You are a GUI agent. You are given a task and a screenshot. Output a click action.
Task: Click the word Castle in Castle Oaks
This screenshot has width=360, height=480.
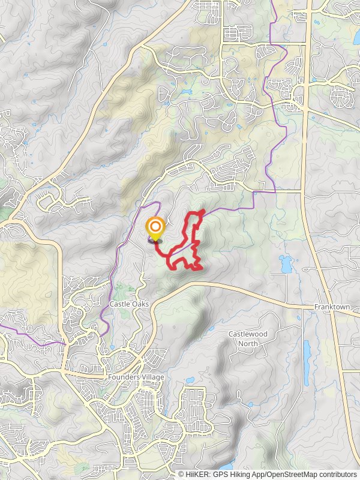tap(119, 304)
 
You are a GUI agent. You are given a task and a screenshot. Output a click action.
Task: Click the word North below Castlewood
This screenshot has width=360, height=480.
tap(248, 343)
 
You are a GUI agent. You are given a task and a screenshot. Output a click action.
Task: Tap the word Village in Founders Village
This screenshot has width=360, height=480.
tap(152, 377)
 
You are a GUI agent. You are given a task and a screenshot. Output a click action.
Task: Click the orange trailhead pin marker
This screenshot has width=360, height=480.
tap(155, 227)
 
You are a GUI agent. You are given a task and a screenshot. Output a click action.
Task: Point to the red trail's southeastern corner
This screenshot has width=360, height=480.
tap(200, 268)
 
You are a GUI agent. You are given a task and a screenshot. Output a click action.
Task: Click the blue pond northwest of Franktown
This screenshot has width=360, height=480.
tap(285, 262)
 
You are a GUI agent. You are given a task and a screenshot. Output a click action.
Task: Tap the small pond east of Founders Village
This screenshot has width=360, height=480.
tap(190, 380)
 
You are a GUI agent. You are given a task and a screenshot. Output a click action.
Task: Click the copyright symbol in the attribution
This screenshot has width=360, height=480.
tap(181, 474)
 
